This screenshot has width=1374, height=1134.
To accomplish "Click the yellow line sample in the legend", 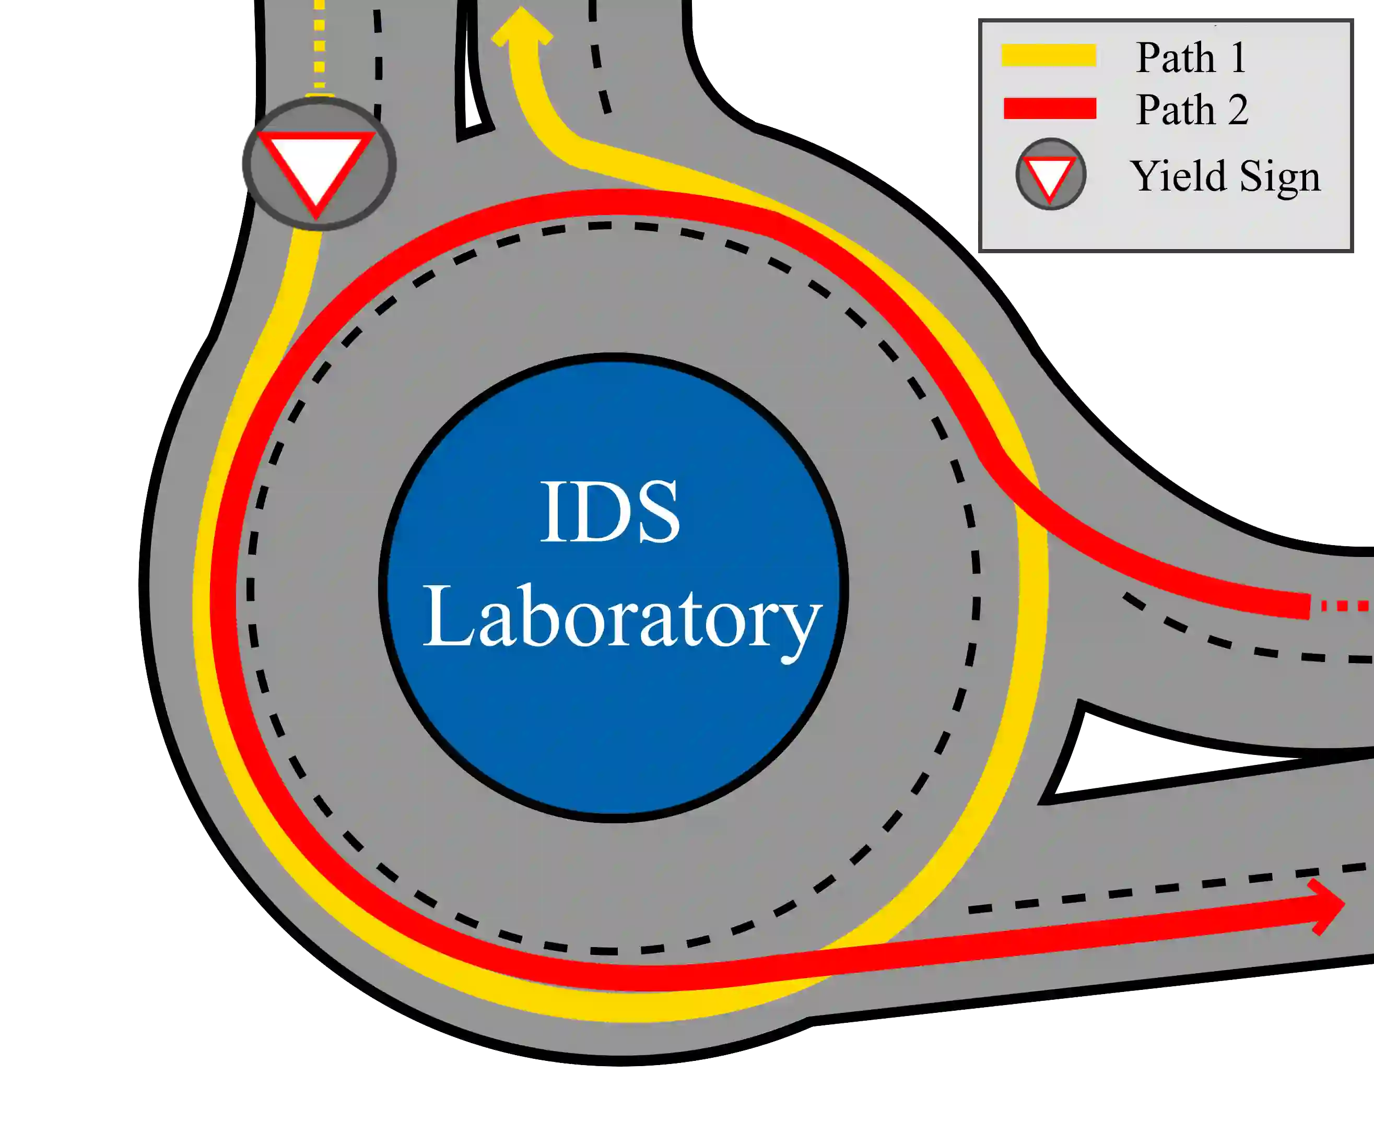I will [x=1049, y=55].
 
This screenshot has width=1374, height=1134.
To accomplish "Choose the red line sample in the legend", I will [x=1049, y=109].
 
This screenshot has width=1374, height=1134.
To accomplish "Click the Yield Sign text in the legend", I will [x=1226, y=176].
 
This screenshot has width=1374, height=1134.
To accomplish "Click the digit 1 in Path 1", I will [x=1237, y=57].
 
